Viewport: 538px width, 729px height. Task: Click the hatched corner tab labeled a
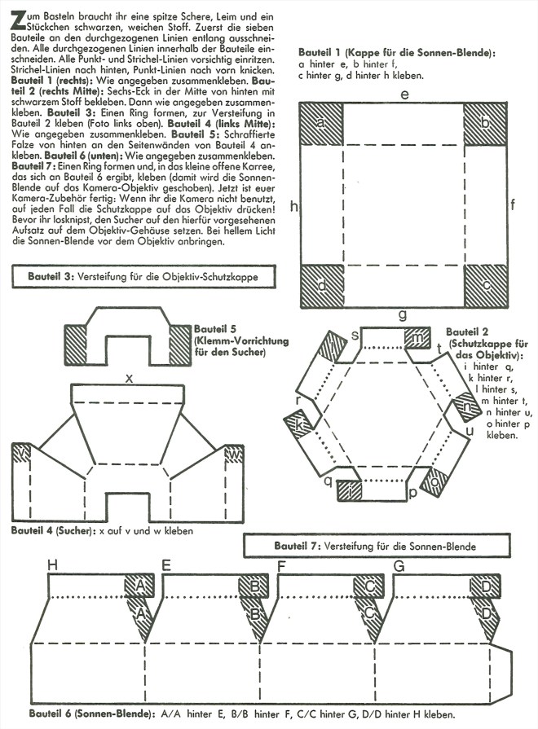click(x=320, y=124)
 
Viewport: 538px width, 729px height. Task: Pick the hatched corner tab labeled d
click(x=320, y=286)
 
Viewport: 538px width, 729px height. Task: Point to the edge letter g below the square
click(x=403, y=314)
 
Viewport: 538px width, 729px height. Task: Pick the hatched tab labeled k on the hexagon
click(x=298, y=424)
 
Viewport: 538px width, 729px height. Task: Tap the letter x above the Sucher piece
click(x=129, y=378)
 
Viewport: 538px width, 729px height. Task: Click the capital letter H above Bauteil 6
click(x=53, y=564)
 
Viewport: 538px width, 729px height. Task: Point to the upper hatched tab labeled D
click(x=486, y=585)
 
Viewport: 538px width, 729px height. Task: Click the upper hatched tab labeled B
click(x=254, y=585)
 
